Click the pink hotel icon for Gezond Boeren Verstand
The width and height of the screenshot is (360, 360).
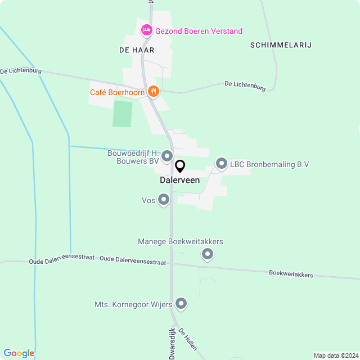146,29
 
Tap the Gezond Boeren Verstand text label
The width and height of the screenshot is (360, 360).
199,31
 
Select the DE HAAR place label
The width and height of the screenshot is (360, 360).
137,50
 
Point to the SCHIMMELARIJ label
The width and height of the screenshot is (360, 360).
281,44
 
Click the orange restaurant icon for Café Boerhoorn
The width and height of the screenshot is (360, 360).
154,92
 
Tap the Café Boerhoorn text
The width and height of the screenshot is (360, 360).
117,92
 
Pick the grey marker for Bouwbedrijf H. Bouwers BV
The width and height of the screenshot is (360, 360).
166,156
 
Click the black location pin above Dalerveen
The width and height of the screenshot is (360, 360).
180,166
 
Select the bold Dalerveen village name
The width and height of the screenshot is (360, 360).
179,181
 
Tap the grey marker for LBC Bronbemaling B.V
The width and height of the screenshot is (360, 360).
222,164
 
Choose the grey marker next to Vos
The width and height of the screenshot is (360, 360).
164,200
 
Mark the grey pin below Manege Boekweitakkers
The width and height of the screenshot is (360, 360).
208,255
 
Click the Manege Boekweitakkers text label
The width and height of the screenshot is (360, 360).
181,241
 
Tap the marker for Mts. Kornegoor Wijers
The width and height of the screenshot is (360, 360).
181,304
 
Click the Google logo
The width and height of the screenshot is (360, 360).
19,353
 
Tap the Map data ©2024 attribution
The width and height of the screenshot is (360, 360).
336,355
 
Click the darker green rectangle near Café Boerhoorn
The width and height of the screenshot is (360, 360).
123,114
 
